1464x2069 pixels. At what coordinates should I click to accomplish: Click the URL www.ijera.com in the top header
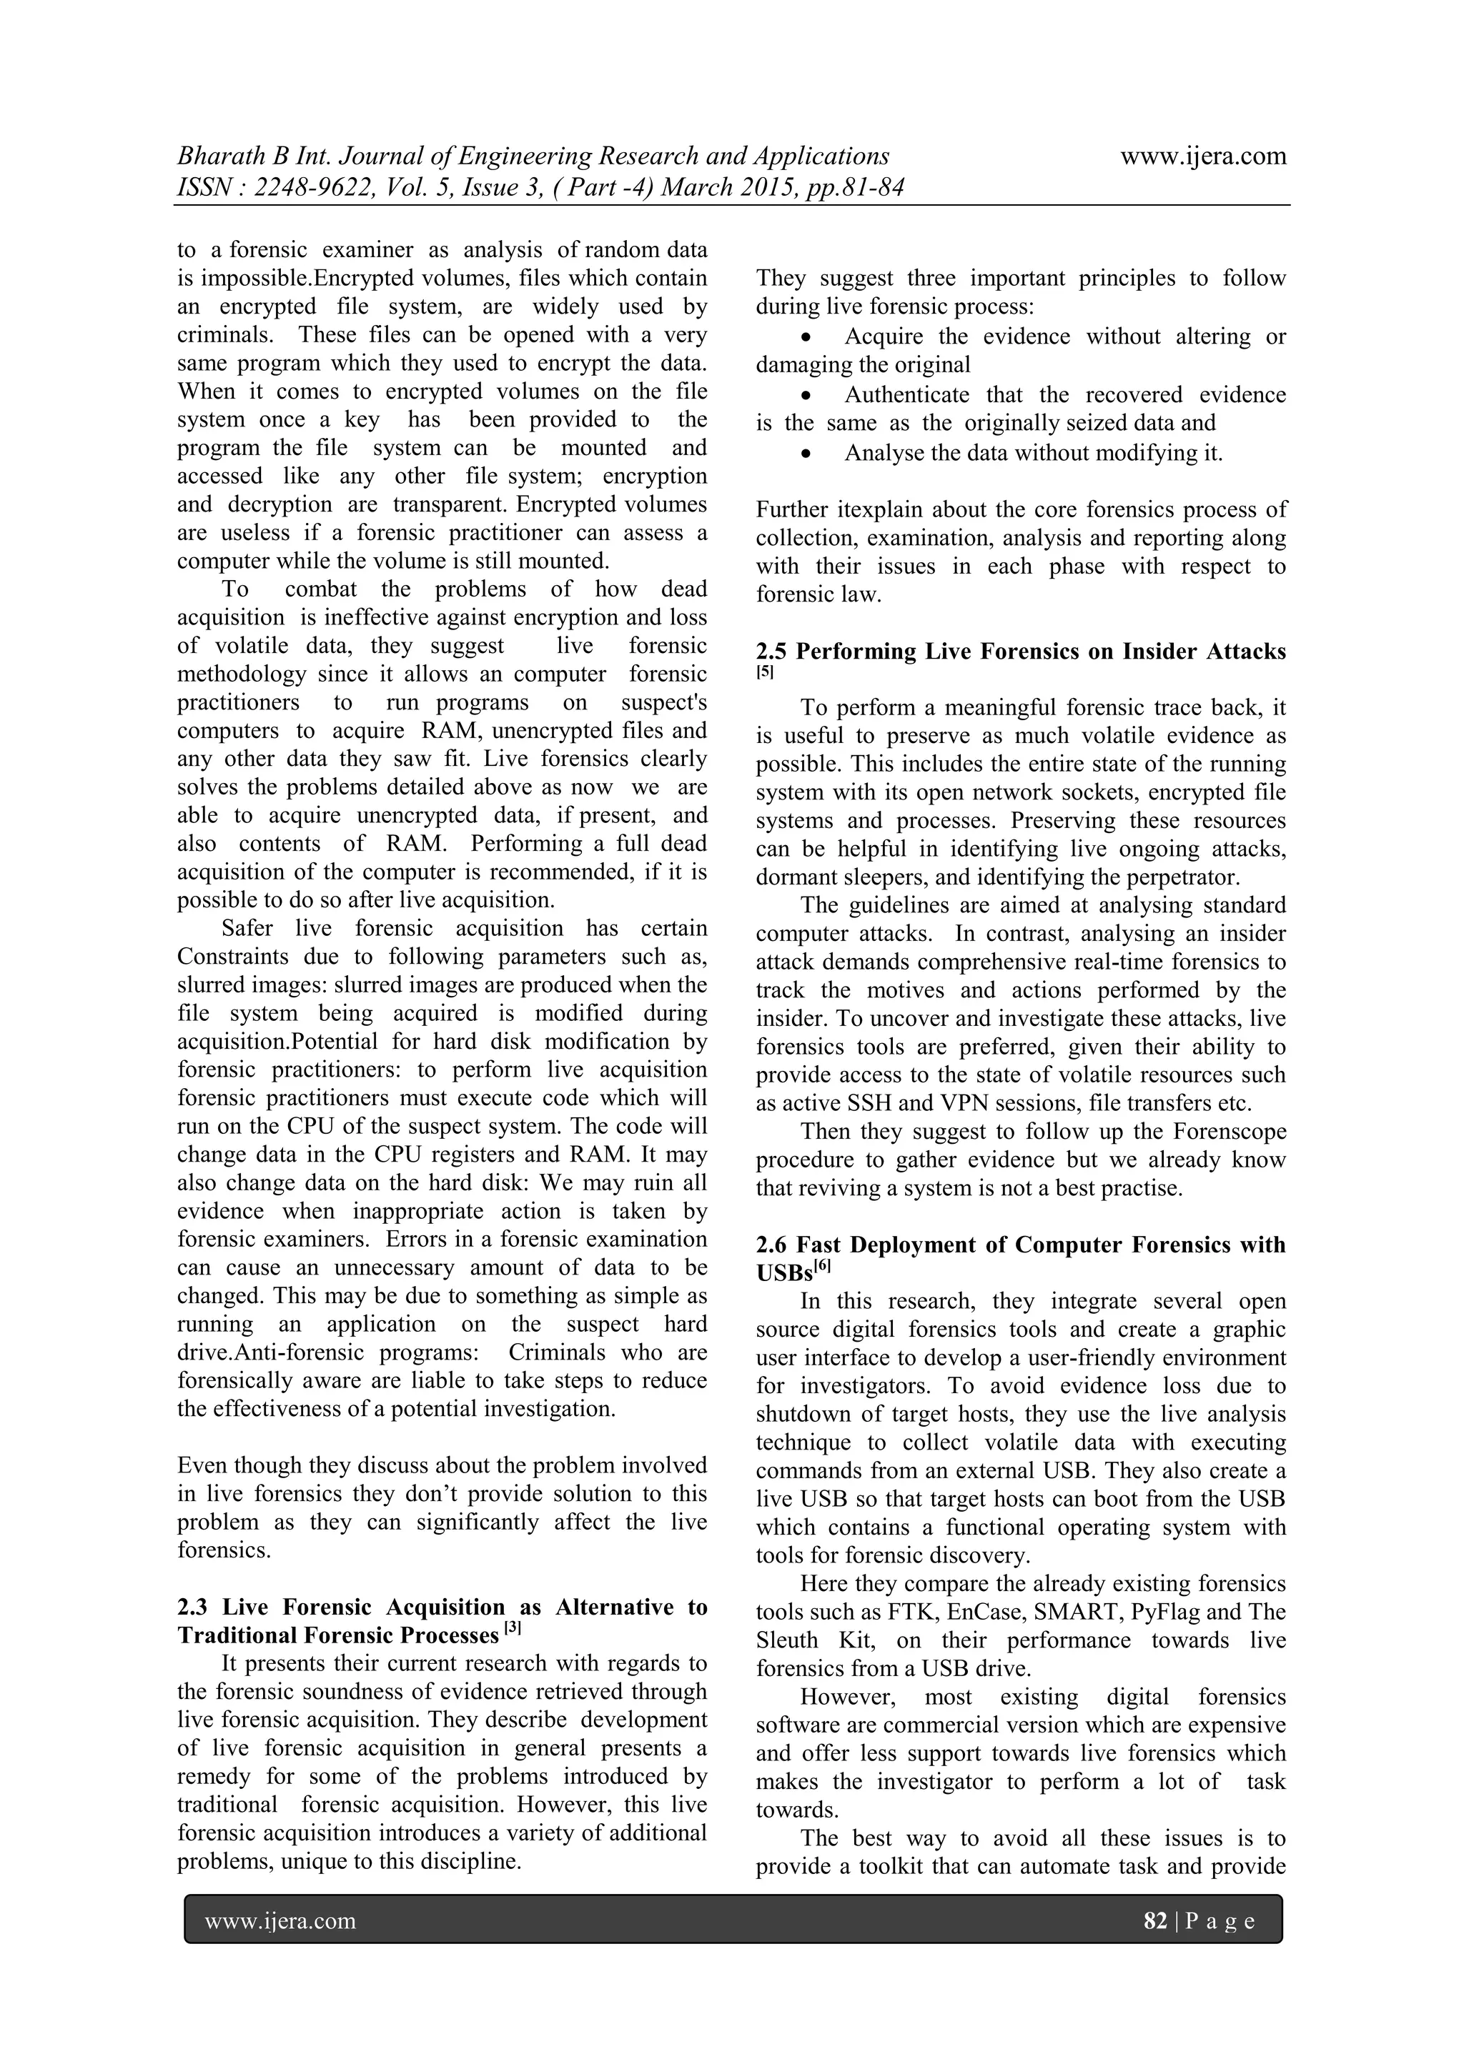coord(1202,156)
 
